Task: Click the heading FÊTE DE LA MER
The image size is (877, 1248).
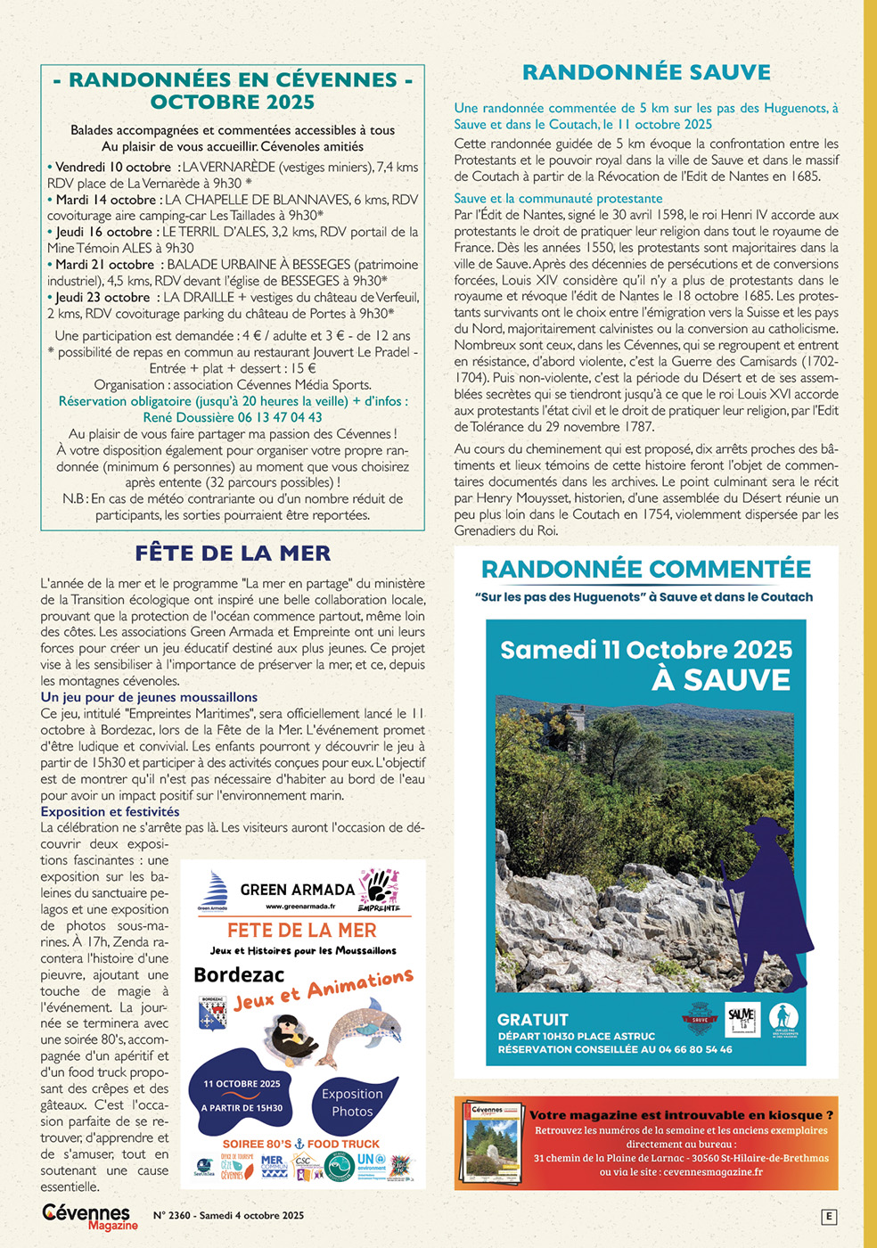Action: (x=233, y=554)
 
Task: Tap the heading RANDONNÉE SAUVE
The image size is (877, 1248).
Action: (x=646, y=72)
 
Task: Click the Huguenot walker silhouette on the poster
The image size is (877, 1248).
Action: (x=766, y=900)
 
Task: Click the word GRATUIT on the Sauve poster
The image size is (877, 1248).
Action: (x=532, y=1020)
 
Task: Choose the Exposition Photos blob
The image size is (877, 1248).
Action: (x=352, y=1103)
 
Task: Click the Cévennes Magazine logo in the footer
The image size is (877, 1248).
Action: (x=89, y=1216)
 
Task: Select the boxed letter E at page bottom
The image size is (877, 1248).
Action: (x=829, y=1217)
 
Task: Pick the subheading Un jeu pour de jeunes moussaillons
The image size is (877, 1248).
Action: (x=149, y=697)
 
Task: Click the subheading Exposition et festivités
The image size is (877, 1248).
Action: (x=110, y=811)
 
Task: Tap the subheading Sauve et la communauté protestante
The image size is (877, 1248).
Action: (x=558, y=198)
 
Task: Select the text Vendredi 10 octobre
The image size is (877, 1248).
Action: (x=112, y=167)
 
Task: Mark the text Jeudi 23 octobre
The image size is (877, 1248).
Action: (x=102, y=297)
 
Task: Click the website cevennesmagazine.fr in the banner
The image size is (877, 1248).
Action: (x=713, y=1172)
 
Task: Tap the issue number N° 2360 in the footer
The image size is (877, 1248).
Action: (x=172, y=1216)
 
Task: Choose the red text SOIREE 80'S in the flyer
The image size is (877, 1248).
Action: (x=257, y=1144)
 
